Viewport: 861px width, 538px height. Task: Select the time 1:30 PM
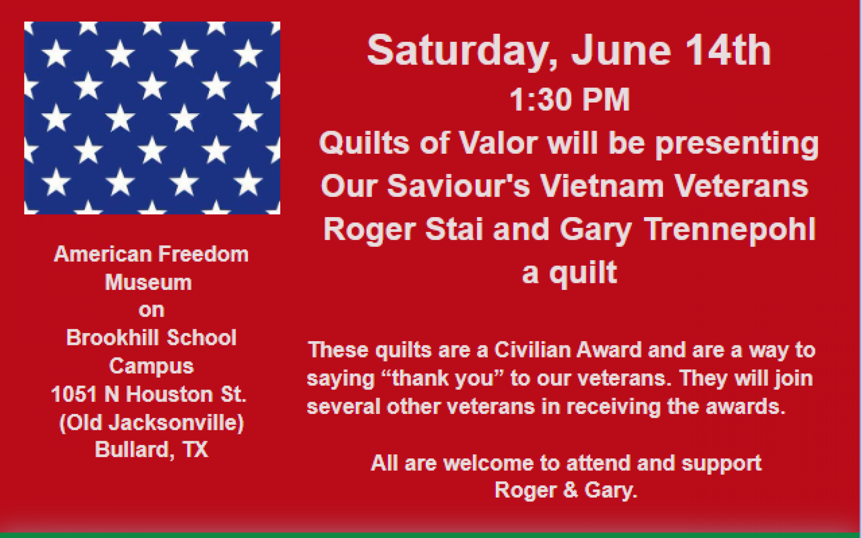point(570,100)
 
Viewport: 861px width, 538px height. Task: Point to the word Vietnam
point(601,186)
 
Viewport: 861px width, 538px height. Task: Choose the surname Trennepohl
point(730,230)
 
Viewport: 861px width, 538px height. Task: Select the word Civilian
point(532,350)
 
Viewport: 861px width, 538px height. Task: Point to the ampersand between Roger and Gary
point(570,490)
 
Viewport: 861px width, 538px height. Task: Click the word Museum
point(149,283)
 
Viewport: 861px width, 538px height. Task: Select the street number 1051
point(74,394)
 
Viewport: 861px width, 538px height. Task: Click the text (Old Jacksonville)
point(151,423)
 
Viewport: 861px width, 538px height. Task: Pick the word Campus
point(151,367)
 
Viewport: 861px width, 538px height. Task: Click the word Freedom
point(200,254)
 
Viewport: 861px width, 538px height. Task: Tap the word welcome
point(489,463)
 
